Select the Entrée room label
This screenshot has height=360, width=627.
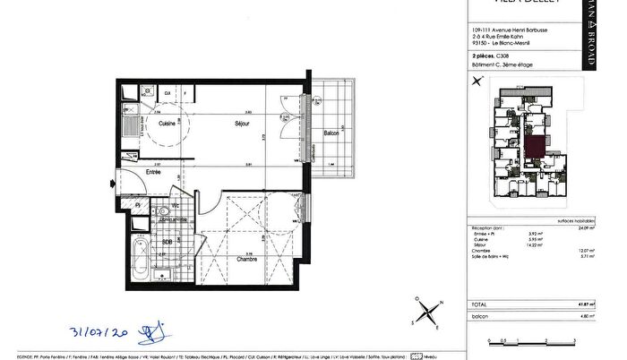click(152, 171)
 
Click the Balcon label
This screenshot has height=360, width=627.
click(331, 133)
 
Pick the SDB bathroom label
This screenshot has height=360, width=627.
click(167, 242)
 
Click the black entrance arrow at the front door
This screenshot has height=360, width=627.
click(111, 184)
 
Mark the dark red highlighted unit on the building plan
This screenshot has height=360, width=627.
click(536, 145)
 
